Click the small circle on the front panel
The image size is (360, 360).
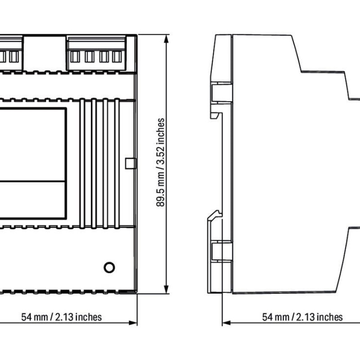(109, 267)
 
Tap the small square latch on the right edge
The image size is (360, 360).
(130, 163)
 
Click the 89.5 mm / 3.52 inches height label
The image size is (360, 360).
(161, 162)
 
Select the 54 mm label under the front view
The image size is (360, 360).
(61, 317)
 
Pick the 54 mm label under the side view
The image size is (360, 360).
(302, 317)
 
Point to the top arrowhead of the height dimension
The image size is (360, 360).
(166, 39)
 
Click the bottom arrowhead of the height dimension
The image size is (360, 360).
(166, 289)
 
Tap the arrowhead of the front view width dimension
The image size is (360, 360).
(133, 323)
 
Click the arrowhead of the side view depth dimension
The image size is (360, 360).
(227, 323)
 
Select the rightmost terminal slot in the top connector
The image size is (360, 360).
(117, 57)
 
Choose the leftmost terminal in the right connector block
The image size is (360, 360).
(75, 57)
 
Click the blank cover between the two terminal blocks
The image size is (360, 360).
(45, 53)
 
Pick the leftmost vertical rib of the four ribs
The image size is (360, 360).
(82, 163)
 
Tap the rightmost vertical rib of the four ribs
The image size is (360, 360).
(117, 163)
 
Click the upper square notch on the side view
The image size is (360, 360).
(221, 92)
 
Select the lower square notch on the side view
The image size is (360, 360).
(221, 251)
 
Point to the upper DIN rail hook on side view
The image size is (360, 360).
(216, 115)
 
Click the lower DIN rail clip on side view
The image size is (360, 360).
(215, 216)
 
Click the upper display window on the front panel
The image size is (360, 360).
(32, 144)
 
